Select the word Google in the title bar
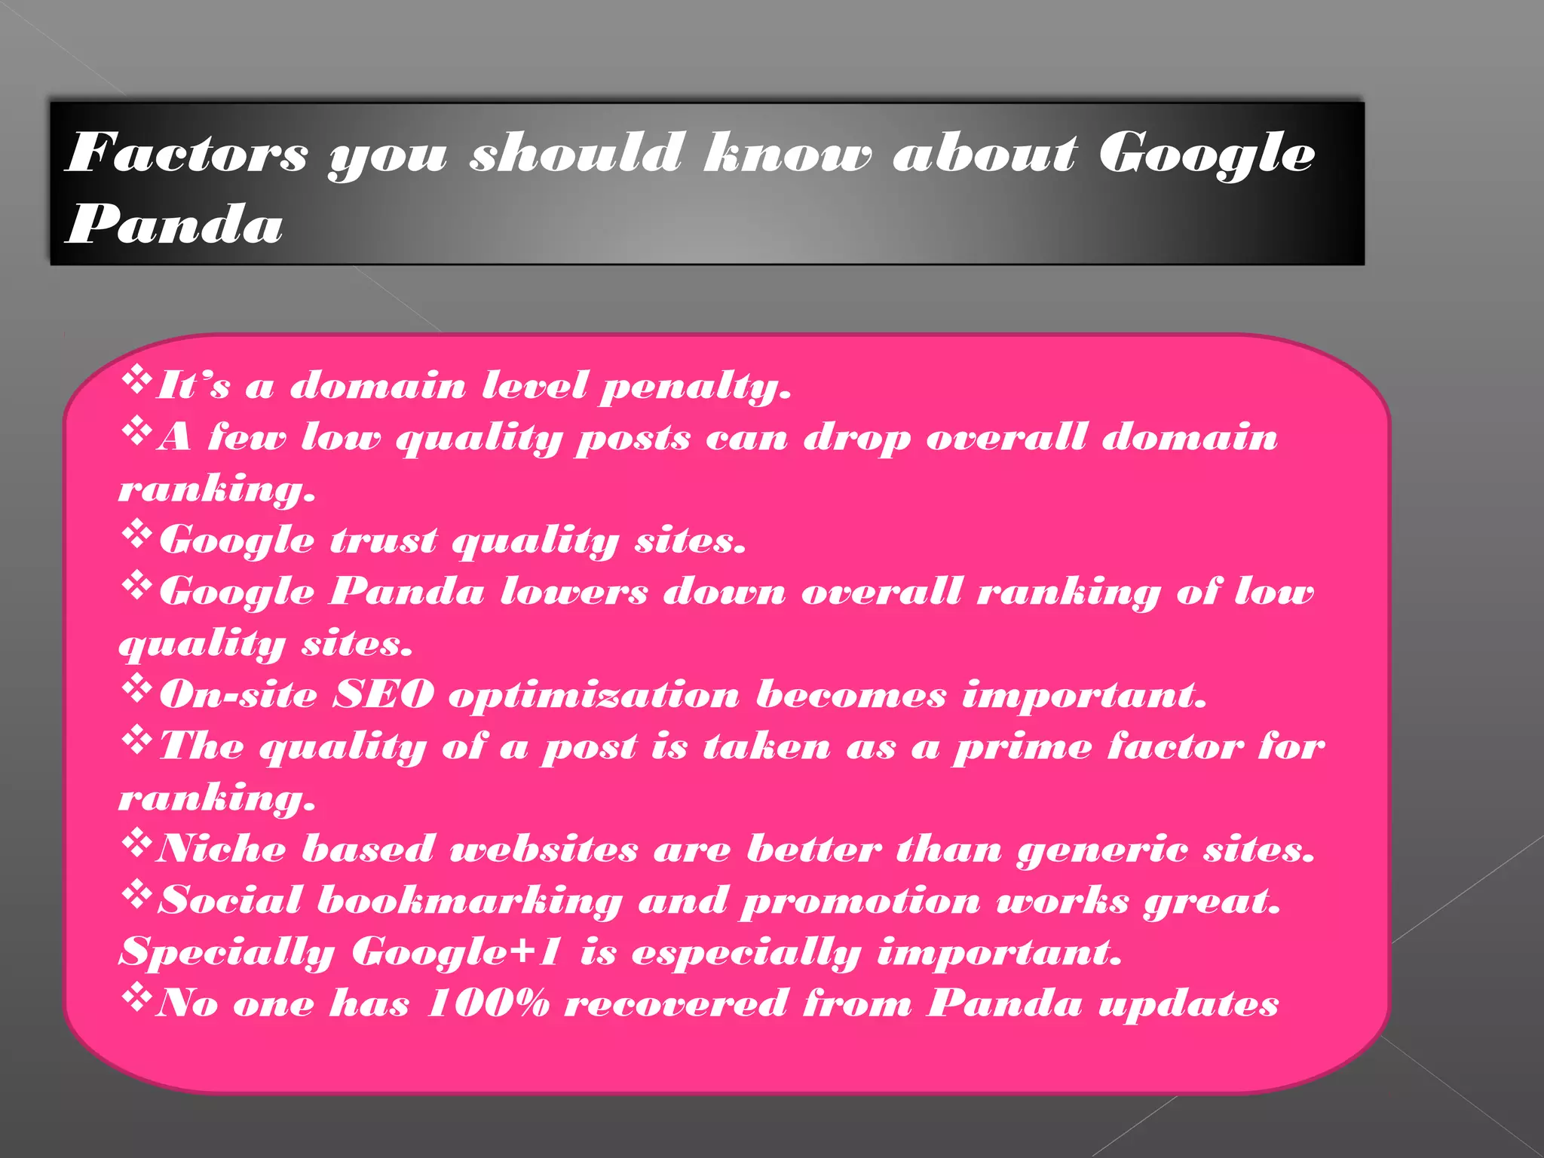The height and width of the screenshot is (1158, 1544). (1206, 154)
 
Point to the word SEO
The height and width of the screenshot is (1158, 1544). (384, 694)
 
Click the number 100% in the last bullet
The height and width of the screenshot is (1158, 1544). (488, 1003)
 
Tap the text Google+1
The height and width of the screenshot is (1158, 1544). (457, 951)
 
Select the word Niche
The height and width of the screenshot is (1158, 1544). (221, 849)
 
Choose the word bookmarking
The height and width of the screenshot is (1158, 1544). (470, 902)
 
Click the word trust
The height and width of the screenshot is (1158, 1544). (384, 541)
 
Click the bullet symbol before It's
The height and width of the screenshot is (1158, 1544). (136, 379)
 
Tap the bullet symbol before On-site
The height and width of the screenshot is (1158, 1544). (136, 688)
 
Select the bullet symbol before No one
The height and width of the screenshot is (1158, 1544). (136, 997)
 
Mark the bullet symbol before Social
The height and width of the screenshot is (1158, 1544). (136, 895)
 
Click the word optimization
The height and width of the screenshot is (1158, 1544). (594, 696)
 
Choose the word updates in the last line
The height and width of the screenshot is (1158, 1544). (1188, 1005)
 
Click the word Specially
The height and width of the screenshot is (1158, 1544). (227, 953)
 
